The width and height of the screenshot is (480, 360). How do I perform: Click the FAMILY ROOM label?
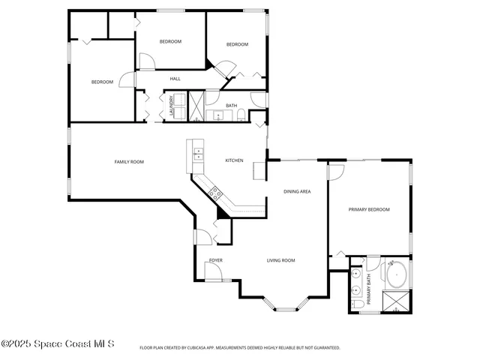click(x=129, y=162)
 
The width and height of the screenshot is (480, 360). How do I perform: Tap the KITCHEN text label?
click(x=234, y=160)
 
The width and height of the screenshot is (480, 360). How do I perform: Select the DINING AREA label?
click(x=297, y=192)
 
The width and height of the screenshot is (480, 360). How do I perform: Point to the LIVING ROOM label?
click(x=280, y=260)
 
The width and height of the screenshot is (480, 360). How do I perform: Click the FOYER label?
click(x=216, y=260)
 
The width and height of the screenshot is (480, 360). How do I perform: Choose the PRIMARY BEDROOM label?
click(x=369, y=209)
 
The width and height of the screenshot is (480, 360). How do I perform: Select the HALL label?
click(x=175, y=79)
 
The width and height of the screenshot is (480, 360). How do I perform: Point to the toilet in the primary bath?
click(x=358, y=304)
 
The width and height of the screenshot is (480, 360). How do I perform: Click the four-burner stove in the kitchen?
click(x=216, y=193)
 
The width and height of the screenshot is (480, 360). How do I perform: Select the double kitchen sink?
click(x=199, y=155)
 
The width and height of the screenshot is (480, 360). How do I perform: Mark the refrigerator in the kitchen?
click(x=259, y=171)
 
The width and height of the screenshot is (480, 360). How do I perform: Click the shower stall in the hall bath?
click(x=196, y=106)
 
